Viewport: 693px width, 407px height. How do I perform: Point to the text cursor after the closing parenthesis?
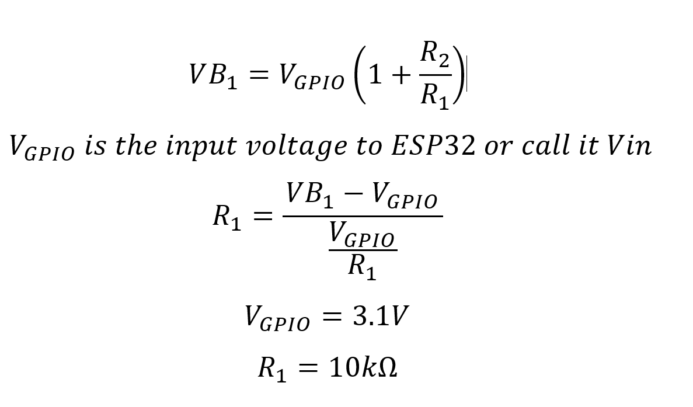(467, 76)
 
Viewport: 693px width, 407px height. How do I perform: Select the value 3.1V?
(379, 316)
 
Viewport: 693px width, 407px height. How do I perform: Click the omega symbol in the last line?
(386, 368)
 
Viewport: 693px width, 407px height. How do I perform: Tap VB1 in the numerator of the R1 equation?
(310, 196)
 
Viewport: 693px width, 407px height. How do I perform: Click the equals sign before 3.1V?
(331, 317)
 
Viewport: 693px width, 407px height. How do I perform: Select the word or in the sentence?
(496, 146)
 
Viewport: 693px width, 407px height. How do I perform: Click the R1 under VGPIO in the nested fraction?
(362, 267)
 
